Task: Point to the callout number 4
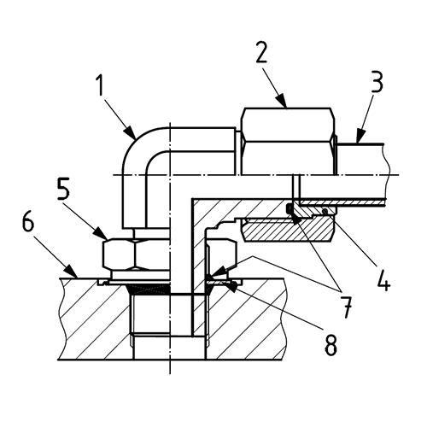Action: [x=383, y=279]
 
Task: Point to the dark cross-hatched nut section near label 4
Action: [x=286, y=229]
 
